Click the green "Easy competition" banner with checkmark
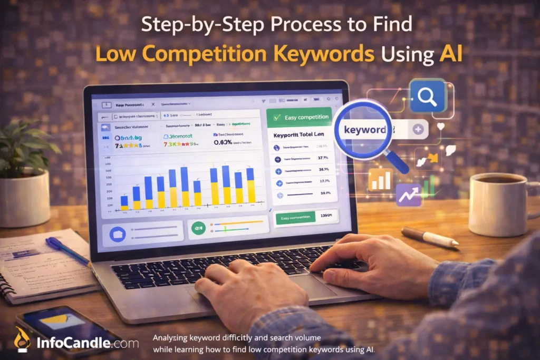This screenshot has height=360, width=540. pyautogui.click(x=299, y=117)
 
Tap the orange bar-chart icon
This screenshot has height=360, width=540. pyautogui.click(x=380, y=179)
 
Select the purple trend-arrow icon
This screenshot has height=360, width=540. pyautogui.click(x=409, y=194)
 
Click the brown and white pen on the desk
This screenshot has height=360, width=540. pyautogui.click(x=429, y=237)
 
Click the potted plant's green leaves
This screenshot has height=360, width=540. pyautogui.click(x=24, y=142)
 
